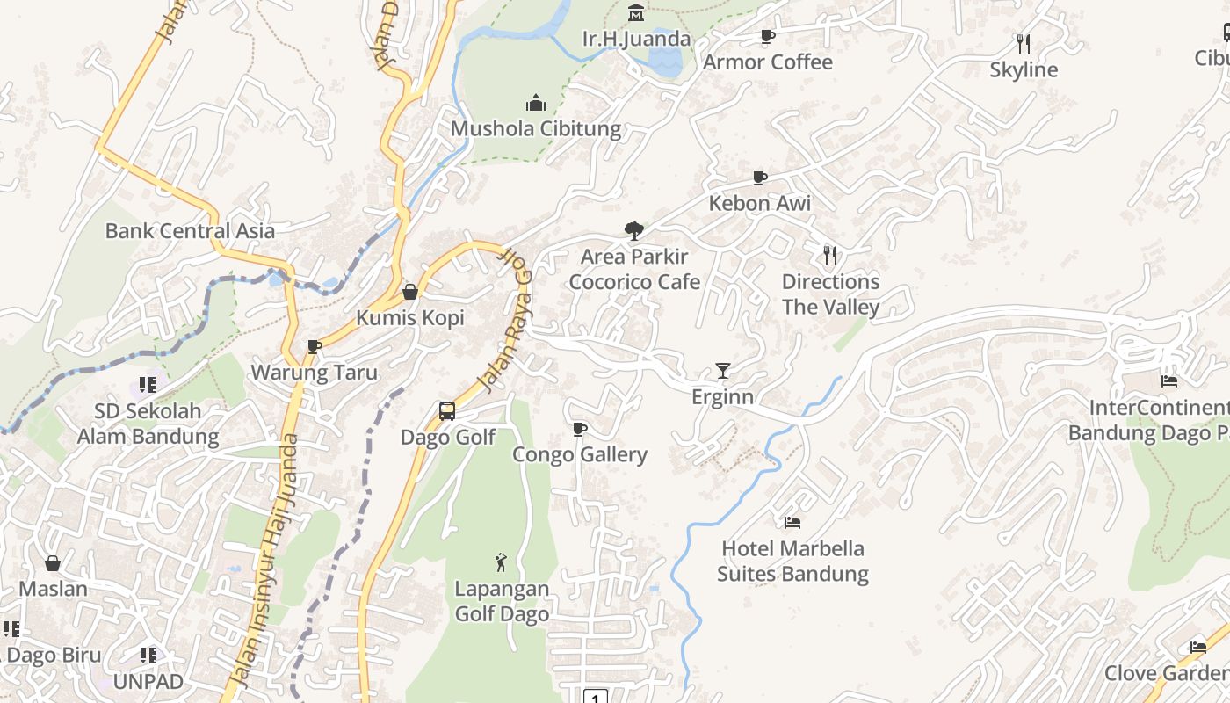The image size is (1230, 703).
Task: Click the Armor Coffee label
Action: [x=767, y=62]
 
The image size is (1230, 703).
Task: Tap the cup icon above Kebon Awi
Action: [x=760, y=178]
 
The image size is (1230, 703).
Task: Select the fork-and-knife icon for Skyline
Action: [x=1023, y=43]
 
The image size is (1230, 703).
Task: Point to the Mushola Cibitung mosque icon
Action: [x=536, y=104]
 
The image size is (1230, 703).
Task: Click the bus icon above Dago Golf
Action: [x=447, y=411]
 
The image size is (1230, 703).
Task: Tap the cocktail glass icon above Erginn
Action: [x=722, y=371]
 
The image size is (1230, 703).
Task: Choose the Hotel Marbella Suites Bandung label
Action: [x=792, y=562]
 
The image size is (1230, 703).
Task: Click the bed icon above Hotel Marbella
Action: [x=792, y=523]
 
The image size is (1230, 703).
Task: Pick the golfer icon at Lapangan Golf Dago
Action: [x=501, y=562]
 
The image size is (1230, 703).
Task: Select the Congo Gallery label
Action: [x=580, y=454]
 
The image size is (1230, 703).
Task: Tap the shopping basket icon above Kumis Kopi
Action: [x=410, y=292]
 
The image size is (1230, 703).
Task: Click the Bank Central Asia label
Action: [x=190, y=231]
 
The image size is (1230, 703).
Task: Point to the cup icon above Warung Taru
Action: [x=314, y=347]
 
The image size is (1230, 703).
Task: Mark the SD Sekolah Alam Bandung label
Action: [x=148, y=424]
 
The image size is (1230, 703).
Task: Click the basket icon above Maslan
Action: [x=53, y=563]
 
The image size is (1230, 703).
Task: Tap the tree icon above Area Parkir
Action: [x=633, y=231]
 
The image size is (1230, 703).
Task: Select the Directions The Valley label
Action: [x=830, y=294]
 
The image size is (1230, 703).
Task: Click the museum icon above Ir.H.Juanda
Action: [x=636, y=13]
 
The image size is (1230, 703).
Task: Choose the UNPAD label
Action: [x=148, y=681]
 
